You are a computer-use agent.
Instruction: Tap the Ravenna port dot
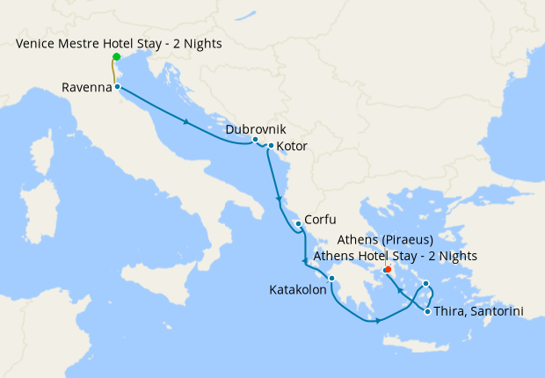click(117, 86)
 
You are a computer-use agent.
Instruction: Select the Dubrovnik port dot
click(255, 140)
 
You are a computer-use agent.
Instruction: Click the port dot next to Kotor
click(270, 146)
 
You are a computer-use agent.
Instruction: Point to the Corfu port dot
click(299, 223)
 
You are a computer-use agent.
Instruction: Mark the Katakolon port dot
click(331, 280)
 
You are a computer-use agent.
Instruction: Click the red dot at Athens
click(388, 269)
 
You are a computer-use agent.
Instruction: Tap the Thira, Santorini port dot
click(427, 311)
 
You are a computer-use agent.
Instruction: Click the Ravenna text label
click(87, 87)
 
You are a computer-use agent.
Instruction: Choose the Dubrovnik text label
click(256, 128)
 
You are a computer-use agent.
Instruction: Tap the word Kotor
click(292, 146)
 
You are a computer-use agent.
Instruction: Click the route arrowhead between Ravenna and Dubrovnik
click(187, 121)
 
